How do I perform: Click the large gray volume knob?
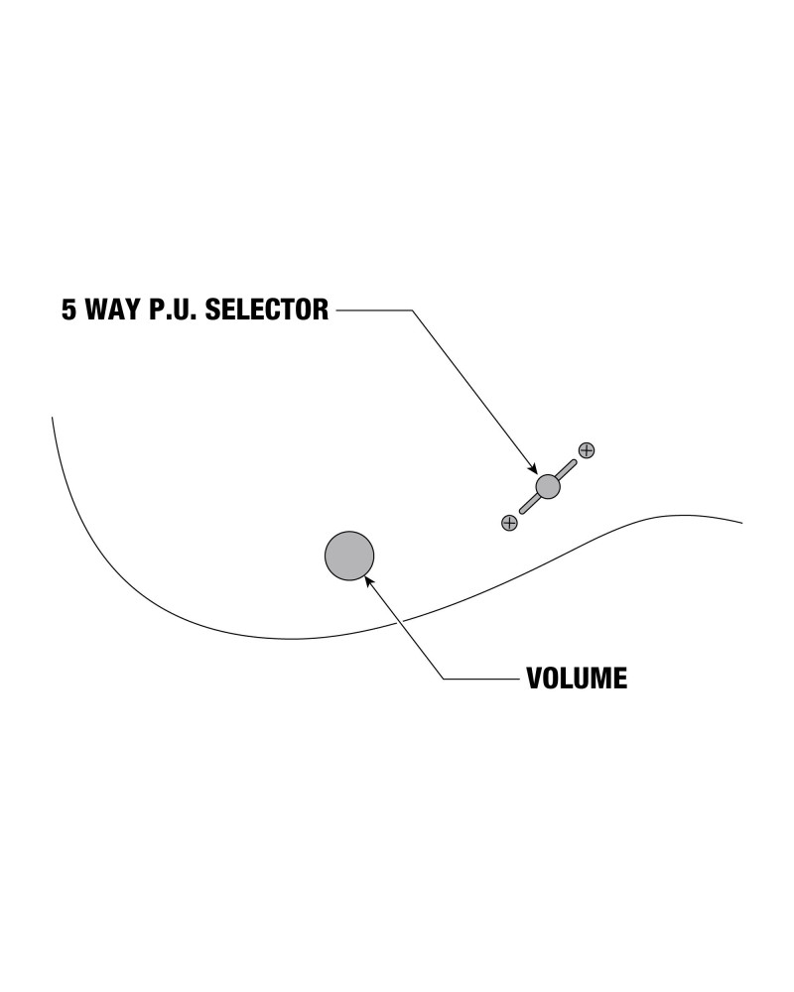click(349, 555)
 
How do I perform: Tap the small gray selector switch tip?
click(548, 486)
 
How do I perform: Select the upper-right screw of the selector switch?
click(587, 450)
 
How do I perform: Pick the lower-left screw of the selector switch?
click(509, 522)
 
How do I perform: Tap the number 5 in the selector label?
click(68, 310)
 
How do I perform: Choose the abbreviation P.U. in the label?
click(175, 310)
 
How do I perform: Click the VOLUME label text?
click(577, 679)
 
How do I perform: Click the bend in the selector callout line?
click(412, 310)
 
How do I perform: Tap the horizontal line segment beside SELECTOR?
click(374, 310)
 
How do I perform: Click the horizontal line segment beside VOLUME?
click(481, 679)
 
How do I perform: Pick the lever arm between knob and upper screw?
click(567, 468)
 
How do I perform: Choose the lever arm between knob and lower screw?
click(528, 504)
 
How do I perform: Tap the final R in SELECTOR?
click(320, 310)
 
